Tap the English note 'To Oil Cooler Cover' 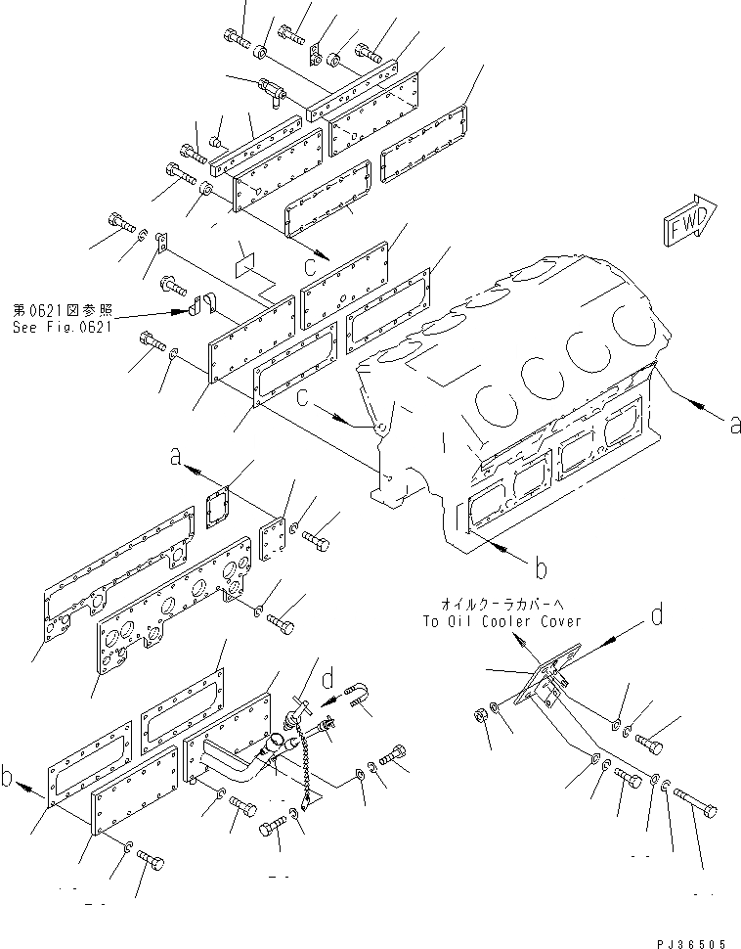[x=501, y=620]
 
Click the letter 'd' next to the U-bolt [x=330, y=677]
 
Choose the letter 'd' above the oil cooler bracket [x=657, y=616]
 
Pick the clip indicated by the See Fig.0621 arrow [x=200, y=309]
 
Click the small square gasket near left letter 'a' [x=221, y=504]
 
